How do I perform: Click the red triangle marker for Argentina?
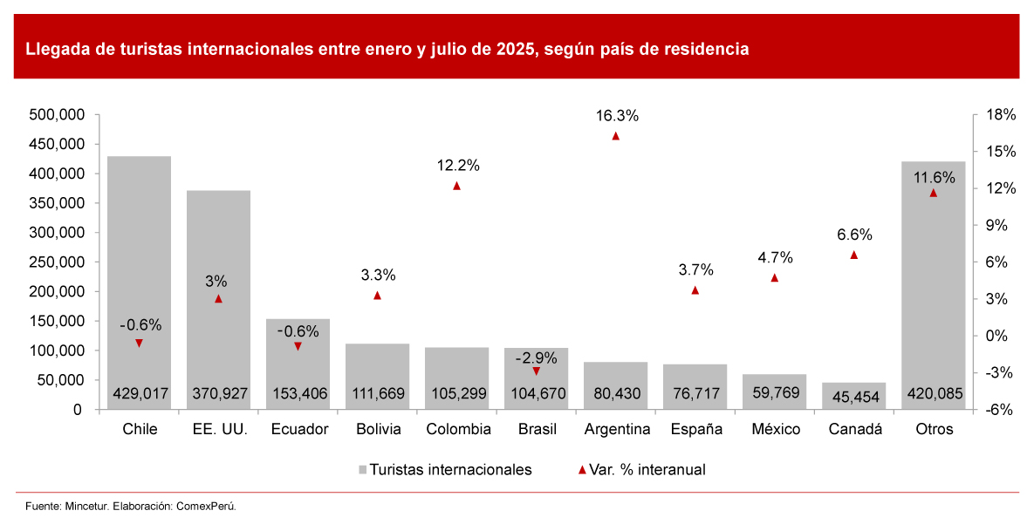tap(615, 136)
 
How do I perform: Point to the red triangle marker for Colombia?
tap(456, 186)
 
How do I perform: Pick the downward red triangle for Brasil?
tap(536, 371)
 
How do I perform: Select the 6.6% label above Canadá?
tap(854, 235)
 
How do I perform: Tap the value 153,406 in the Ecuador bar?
tap(298, 394)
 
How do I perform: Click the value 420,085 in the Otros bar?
tap(933, 394)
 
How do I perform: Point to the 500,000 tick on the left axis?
tap(56, 114)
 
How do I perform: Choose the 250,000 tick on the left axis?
tap(56, 262)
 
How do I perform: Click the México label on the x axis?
tap(774, 429)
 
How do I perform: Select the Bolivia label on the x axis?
tap(379, 429)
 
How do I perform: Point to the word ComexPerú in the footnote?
tap(206, 506)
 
